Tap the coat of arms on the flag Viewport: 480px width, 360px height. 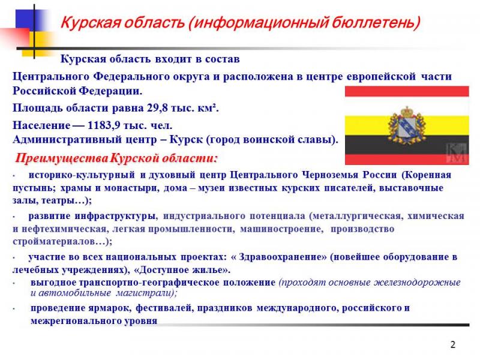tap(407, 125)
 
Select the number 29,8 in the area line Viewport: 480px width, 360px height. tap(157, 108)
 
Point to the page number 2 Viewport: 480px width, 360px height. tap(453, 344)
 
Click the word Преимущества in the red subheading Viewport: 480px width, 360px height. tap(62, 158)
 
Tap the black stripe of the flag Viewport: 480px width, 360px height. tap(407, 145)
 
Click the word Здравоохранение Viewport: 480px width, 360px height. tap(282, 257)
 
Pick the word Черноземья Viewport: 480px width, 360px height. tap(330, 175)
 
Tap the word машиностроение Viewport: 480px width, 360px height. tap(281, 229)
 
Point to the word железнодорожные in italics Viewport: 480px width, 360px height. tap(418, 282)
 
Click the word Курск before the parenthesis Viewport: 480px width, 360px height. tap(186, 140)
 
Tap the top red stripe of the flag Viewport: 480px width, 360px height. tap(407, 91)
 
